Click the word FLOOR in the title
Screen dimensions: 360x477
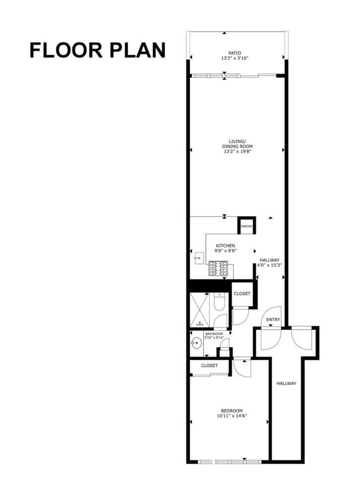click(66, 50)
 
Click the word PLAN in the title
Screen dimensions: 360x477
click(138, 50)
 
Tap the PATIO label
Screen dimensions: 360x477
click(235, 53)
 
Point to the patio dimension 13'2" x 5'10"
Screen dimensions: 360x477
click(235, 58)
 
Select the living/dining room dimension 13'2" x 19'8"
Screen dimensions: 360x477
click(237, 151)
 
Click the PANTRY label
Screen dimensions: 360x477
click(247, 227)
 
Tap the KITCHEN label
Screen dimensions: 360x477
click(225, 246)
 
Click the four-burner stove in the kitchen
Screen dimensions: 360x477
click(218, 268)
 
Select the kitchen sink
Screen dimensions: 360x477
click(199, 258)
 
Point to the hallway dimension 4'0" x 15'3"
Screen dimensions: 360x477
click(270, 265)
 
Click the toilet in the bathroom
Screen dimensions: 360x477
click(218, 302)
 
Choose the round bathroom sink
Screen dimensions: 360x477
click(197, 343)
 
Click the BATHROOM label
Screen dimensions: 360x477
click(214, 334)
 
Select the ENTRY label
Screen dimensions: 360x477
click(273, 319)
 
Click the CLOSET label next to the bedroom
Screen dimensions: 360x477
click(210, 365)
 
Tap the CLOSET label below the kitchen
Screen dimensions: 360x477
click(242, 294)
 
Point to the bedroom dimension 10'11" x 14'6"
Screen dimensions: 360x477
click(232, 416)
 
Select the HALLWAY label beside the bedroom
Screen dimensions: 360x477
click(286, 383)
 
